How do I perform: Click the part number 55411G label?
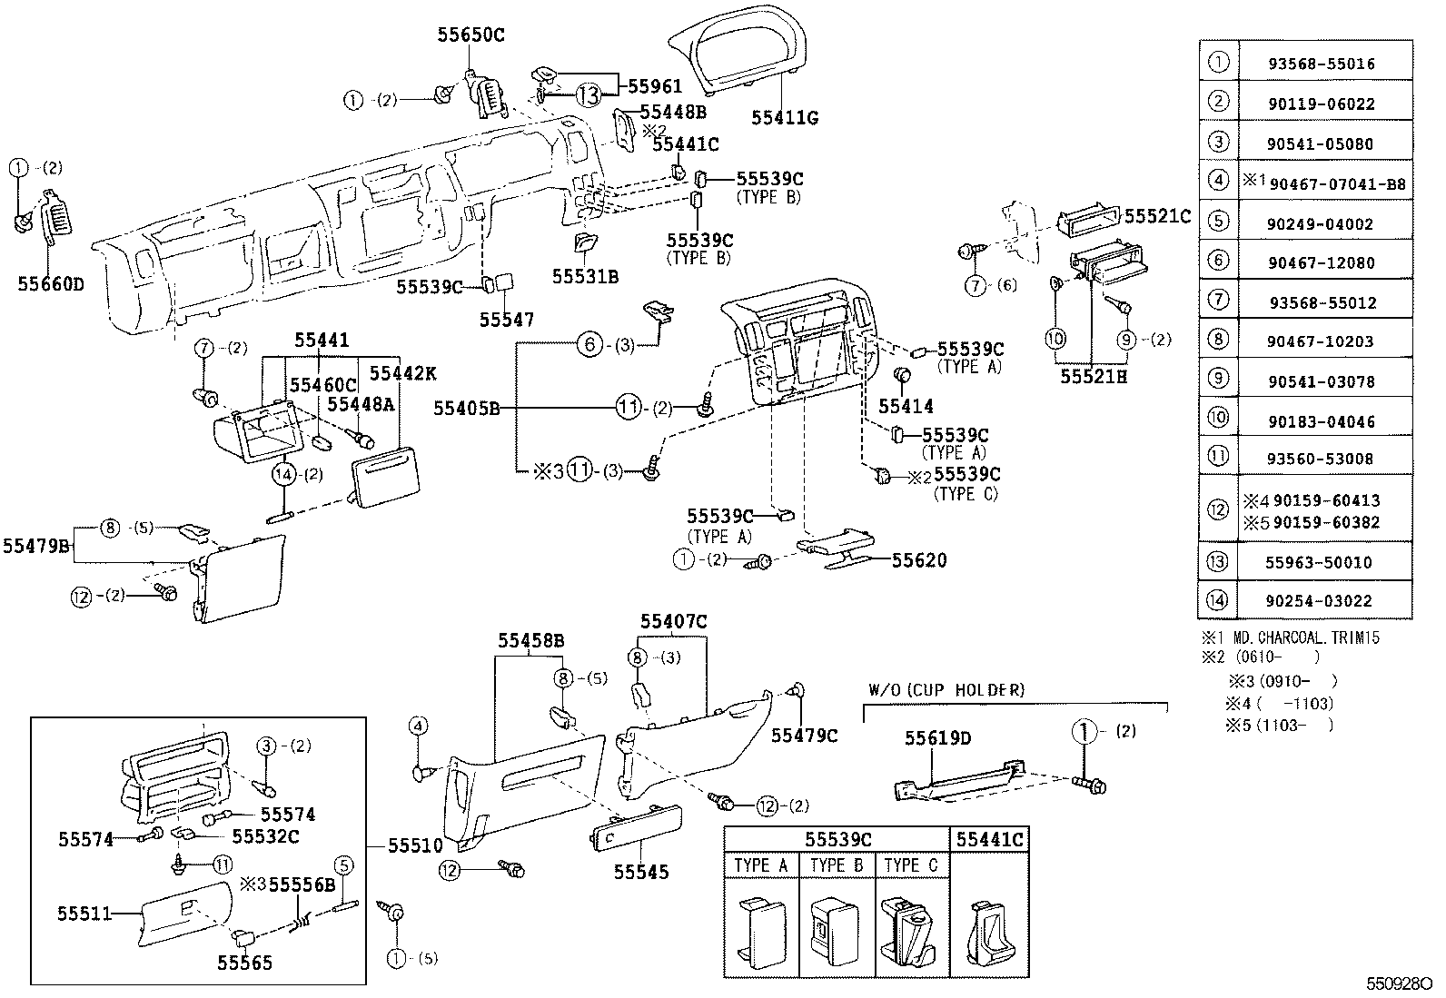785,118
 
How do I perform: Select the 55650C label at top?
470,35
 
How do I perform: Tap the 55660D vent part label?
50,283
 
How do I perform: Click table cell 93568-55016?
1333,64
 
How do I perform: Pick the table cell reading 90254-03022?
1332,600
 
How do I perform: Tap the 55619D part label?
937,738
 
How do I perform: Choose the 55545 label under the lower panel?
640,872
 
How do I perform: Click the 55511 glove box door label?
84,914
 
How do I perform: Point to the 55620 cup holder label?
918,561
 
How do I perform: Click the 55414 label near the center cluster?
906,406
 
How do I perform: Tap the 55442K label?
402,373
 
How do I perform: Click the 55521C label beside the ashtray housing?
1157,216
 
